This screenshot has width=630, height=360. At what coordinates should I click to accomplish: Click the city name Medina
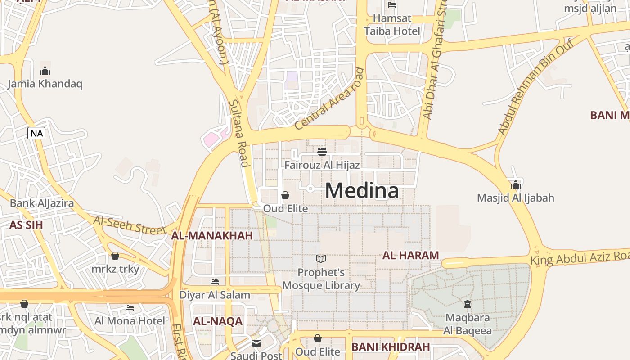click(362, 190)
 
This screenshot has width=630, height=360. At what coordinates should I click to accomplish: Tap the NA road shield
click(36, 133)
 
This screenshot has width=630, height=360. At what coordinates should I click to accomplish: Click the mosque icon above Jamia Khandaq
click(45, 71)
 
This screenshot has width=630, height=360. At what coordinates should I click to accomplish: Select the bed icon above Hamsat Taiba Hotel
click(392, 5)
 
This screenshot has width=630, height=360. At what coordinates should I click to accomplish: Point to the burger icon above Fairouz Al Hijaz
click(322, 151)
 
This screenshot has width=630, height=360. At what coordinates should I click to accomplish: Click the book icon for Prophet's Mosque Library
click(321, 259)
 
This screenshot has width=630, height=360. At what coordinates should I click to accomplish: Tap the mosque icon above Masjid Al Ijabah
click(516, 184)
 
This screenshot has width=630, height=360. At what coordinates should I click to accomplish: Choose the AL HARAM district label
click(410, 256)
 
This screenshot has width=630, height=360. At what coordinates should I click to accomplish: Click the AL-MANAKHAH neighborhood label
click(212, 236)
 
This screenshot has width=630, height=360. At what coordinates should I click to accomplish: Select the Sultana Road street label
click(239, 133)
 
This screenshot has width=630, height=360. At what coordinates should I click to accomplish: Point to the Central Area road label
click(329, 99)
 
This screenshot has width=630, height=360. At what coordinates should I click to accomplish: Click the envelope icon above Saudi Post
click(256, 343)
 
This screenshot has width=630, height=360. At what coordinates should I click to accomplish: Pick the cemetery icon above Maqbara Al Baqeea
click(468, 304)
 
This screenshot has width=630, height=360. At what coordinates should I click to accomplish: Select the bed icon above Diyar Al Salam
click(215, 282)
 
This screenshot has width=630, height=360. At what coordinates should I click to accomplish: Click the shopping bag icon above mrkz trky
click(115, 256)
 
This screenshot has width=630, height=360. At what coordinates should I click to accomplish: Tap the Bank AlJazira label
click(42, 203)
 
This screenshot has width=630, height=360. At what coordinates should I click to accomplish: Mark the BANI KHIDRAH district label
click(391, 347)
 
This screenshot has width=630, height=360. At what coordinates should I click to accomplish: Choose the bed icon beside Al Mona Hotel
click(130, 308)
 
